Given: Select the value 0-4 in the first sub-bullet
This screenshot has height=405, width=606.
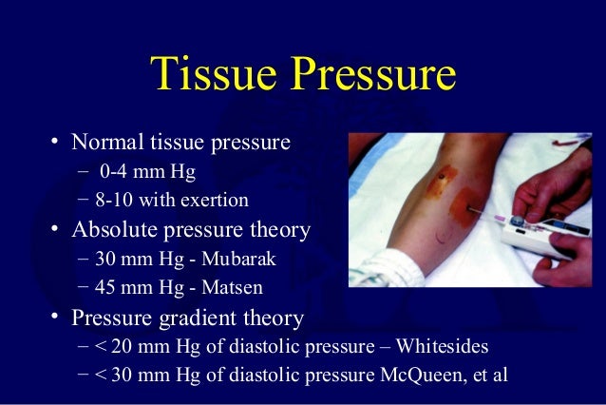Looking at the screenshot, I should tap(117, 172).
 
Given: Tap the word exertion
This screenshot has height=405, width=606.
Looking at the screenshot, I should tap(216, 200).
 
